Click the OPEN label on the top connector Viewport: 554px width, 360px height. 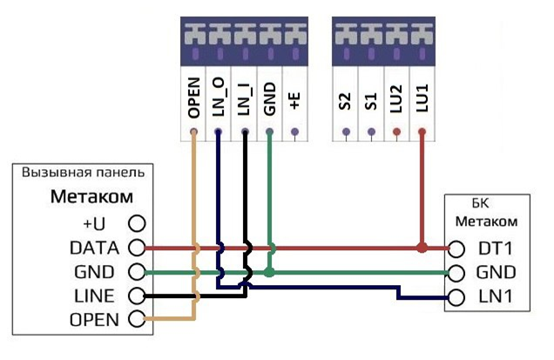click(x=193, y=98)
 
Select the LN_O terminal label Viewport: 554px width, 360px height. click(x=219, y=98)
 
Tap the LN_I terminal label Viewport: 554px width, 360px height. click(x=245, y=98)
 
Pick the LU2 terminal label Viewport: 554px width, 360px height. click(x=396, y=98)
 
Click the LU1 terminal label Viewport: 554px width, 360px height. click(x=422, y=98)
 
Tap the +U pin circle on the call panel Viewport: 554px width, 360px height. click(x=135, y=224)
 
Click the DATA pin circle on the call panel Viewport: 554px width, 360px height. click(x=135, y=248)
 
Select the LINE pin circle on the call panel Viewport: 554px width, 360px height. click(x=135, y=295)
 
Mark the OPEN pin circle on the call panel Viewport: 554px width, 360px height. click(x=135, y=319)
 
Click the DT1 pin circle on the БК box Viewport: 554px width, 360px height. click(x=458, y=248)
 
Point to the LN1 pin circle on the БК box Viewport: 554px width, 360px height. click(x=458, y=295)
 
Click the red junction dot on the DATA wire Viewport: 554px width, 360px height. click(x=422, y=248)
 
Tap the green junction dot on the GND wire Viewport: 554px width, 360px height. click(x=270, y=272)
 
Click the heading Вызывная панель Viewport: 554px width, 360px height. click(x=83, y=172)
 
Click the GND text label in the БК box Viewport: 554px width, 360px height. click(x=496, y=272)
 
